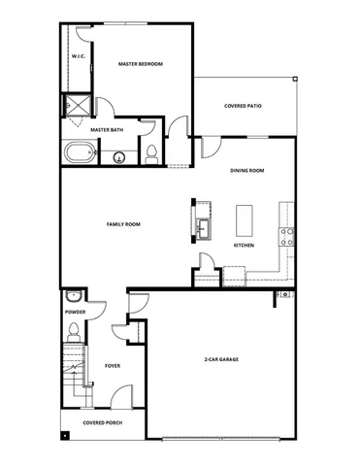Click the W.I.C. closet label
[x=79, y=57]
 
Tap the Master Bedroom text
[x=141, y=64]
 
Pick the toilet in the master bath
[x=151, y=151]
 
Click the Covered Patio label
[x=243, y=106]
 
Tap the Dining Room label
[x=247, y=171]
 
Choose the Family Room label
[x=123, y=224]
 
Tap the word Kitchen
[x=244, y=246]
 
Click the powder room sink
[x=74, y=297]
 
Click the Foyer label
[x=112, y=366]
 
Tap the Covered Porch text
[x=101, y=423]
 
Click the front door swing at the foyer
[x=121, y=396]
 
